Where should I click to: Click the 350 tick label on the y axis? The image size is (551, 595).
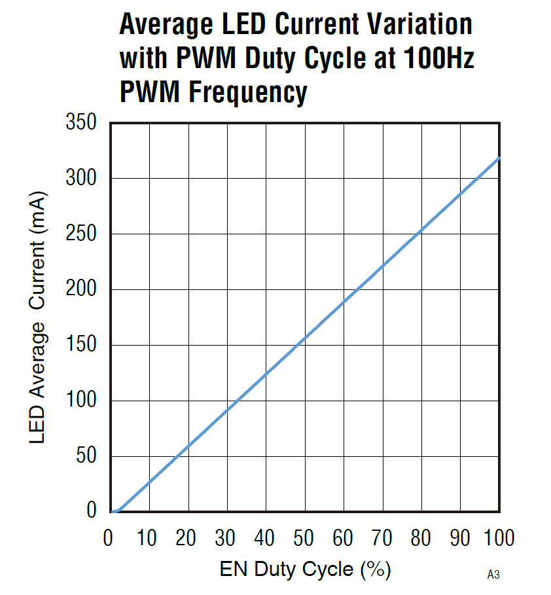point(81,122)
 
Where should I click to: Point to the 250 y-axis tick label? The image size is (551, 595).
point(81,234)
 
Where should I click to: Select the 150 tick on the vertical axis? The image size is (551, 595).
point(81,345)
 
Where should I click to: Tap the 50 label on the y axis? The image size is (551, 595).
point(87,456)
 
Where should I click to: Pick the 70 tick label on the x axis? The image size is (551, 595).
point(382,538)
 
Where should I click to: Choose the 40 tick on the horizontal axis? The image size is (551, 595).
point(265,538)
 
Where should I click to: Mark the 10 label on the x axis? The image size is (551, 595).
point(147,538)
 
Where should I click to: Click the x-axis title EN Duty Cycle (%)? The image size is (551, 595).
point(305,569)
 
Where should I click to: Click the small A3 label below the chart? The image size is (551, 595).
point(493,575)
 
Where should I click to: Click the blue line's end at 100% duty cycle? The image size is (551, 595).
point(499,158)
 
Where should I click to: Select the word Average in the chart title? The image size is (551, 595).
point(164,25)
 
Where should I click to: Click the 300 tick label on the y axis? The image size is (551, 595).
point(81,178)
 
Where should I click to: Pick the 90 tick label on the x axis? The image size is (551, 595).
point(460,538)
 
